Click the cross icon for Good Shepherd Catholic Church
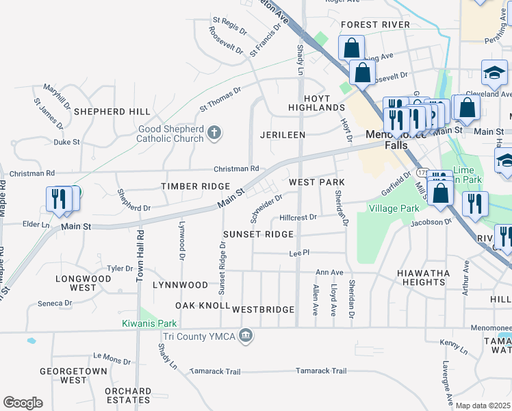[214, 132]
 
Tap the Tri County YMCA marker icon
[246, 336]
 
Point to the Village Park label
[394, 208]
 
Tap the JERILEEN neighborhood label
[282, 136]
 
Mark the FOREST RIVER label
[375, 25]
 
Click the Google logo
[23, 403]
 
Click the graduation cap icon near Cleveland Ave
[494, 72]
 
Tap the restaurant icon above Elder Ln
[58, 199]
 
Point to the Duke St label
[67, 142]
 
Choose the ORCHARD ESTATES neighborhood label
[128, 396]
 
